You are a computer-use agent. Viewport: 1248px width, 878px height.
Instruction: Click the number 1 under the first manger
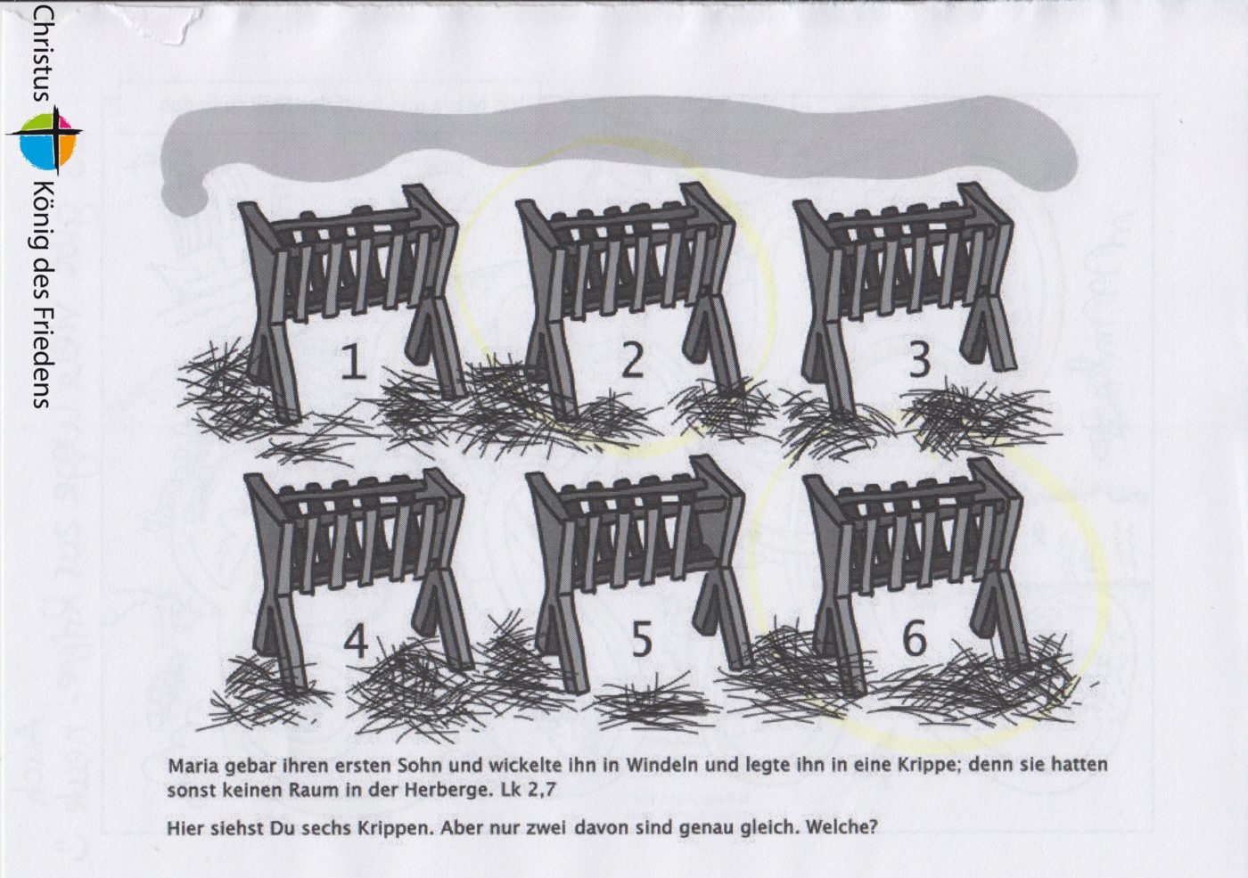coord(353,362)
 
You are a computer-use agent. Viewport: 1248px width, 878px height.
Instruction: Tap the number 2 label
coord(632,360)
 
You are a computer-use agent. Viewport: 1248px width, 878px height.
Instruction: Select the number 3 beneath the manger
coord(919,360)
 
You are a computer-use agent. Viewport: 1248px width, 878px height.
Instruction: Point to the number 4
coord(356,642)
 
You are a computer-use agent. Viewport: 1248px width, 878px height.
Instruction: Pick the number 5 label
coord(641,641)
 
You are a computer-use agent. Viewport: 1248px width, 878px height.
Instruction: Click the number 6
coord(915,638)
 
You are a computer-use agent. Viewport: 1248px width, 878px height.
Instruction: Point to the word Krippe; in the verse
coord(929,766)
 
